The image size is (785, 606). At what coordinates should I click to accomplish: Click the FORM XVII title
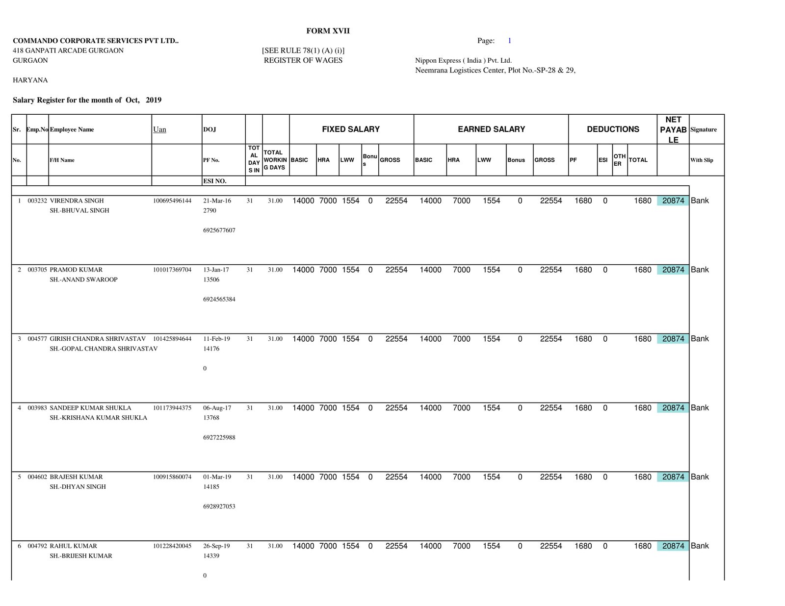(328, 31)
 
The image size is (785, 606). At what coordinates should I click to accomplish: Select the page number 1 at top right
(509, 41)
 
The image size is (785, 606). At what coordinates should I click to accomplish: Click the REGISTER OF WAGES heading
(303, 60)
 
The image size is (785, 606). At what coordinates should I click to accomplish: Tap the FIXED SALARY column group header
(351, 129)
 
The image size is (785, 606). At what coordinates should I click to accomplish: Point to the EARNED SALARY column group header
(491, 129)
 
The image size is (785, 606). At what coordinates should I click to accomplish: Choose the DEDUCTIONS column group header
(613, 129)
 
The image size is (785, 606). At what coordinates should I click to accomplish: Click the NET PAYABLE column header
(673, 129)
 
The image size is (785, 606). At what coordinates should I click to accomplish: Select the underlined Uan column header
(159, 129)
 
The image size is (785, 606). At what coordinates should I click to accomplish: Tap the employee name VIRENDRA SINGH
(77, 201)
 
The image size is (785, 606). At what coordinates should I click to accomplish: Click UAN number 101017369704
(172, 270)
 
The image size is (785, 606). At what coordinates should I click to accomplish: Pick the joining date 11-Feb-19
(216, 339)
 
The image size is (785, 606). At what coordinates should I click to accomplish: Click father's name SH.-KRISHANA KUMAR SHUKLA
(98, 418)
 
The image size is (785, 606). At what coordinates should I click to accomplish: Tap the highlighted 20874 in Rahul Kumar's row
(673, 546)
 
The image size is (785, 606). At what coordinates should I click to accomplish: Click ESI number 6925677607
(219, 230)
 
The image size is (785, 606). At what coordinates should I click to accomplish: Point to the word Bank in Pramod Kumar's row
(700, 270)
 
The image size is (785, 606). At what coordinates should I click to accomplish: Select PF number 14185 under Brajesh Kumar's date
(211, 487)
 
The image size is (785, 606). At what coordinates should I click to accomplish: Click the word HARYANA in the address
(30, 80)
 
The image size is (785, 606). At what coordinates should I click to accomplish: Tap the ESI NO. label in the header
(214, 181)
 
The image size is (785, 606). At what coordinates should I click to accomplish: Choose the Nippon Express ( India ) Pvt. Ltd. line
(463, 60)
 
